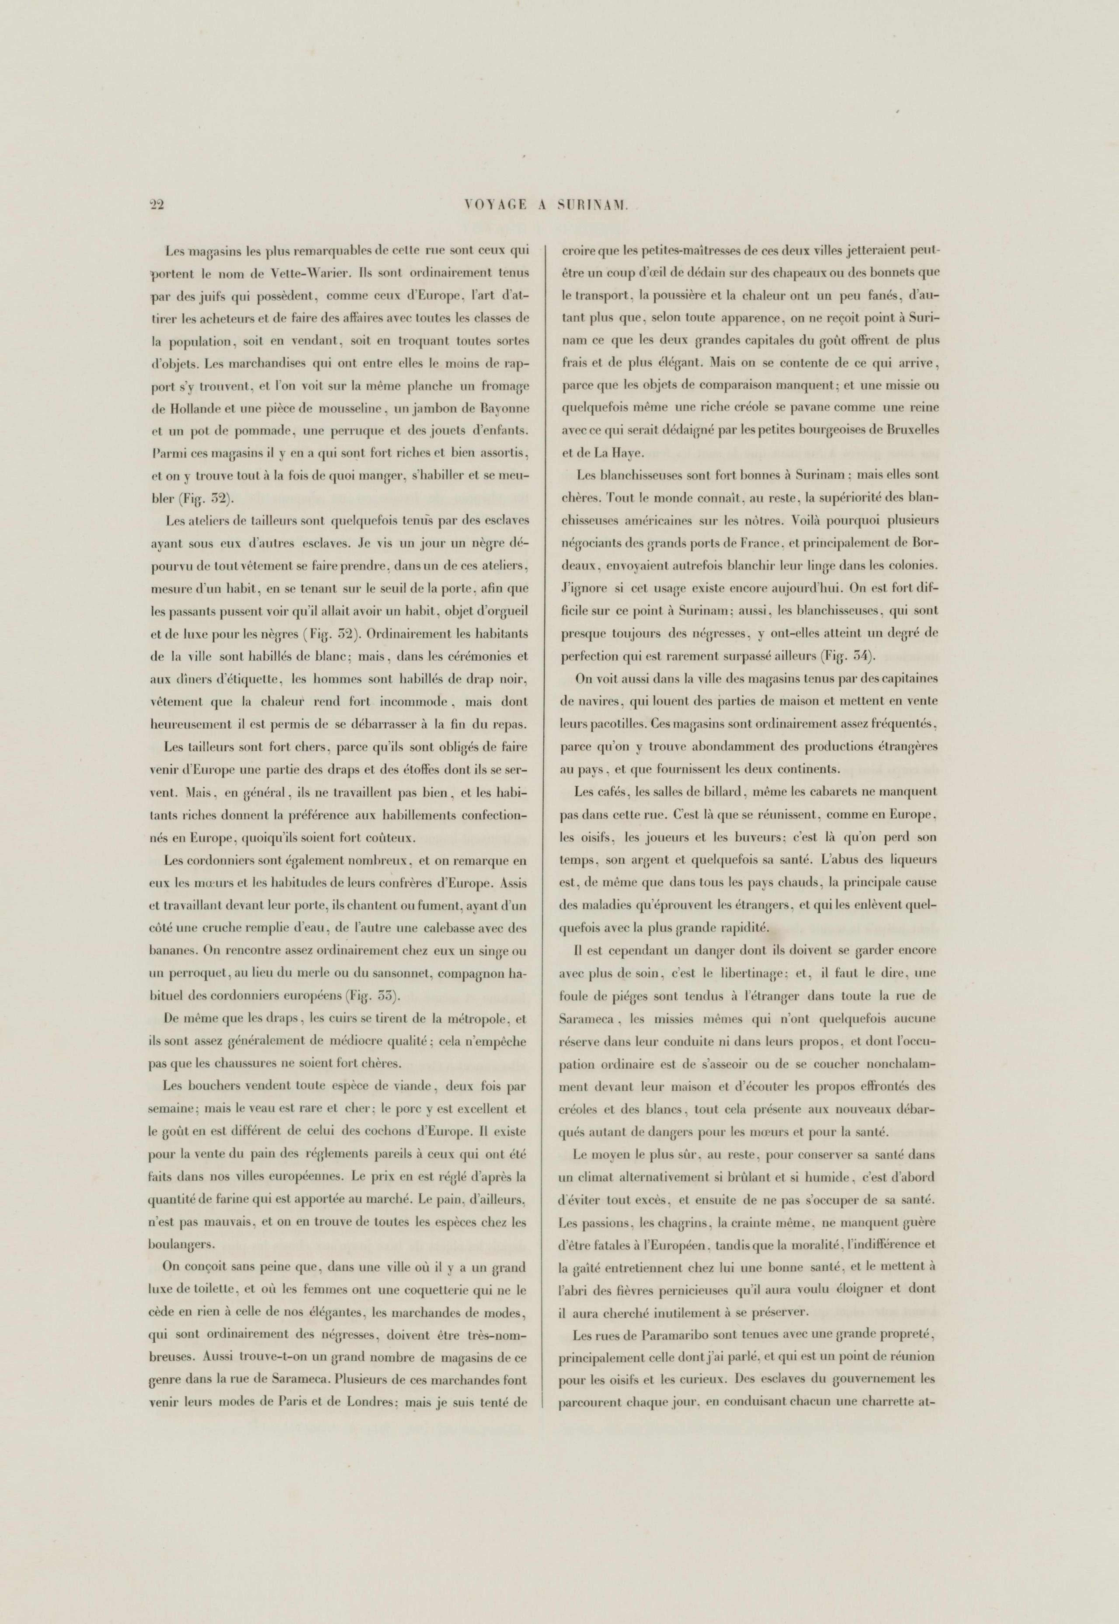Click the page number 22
coord(156,205)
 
